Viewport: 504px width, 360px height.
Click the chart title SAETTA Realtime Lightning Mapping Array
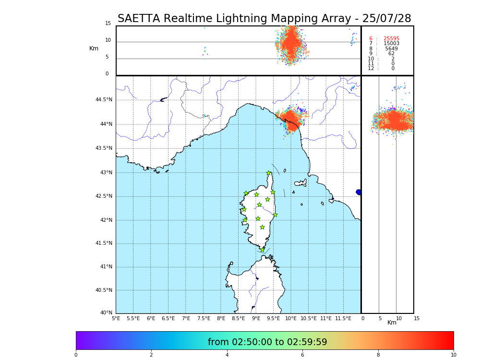tap(264, 19)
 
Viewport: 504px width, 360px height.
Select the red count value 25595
tap(391, 39)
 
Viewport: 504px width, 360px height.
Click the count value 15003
tap(391, 44)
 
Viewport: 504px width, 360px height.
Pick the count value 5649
tap(391, 49)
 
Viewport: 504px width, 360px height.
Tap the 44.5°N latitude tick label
tap(104, 100)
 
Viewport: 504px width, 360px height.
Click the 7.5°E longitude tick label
tap(204, 318)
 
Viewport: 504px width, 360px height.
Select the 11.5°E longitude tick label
tap(343, 318)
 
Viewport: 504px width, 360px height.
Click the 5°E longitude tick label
tap(116, 318)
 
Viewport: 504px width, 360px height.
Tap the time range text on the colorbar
tap(267, 342)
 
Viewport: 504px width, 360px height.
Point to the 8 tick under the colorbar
tap(378, 355)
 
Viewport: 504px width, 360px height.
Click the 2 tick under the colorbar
tap(151, 355)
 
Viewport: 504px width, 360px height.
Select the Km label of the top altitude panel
tap(94, 48)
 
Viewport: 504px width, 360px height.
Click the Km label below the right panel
tap(392, 323)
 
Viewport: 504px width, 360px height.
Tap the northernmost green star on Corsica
tap(269, 173)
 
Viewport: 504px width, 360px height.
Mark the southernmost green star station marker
tap(263, 250)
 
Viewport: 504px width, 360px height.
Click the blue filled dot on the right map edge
tap(359, 192)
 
